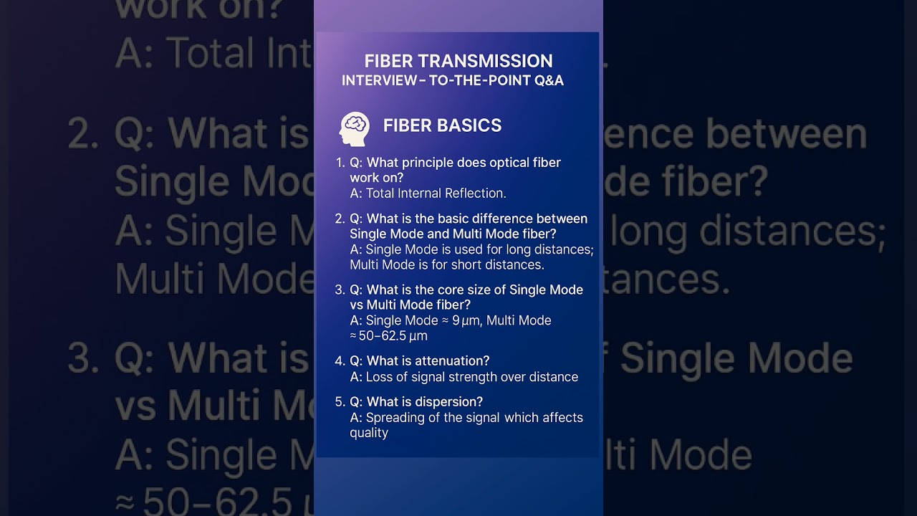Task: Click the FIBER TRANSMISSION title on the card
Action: [458, 61]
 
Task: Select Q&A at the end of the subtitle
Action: [549, 81]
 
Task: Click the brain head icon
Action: [355, 128]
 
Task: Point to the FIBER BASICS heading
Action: [442, 125]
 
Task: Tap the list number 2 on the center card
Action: [340, 219]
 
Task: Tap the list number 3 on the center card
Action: [340, 290]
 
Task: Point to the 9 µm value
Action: [466, 320]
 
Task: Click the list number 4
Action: [340, 360]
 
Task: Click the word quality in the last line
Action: [369, 433]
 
